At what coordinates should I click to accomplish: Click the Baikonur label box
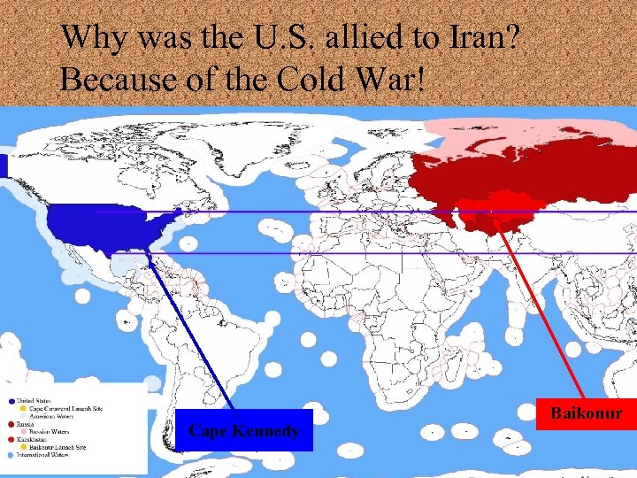point(587,413)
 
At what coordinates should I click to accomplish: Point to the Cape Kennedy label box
point(244,430)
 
